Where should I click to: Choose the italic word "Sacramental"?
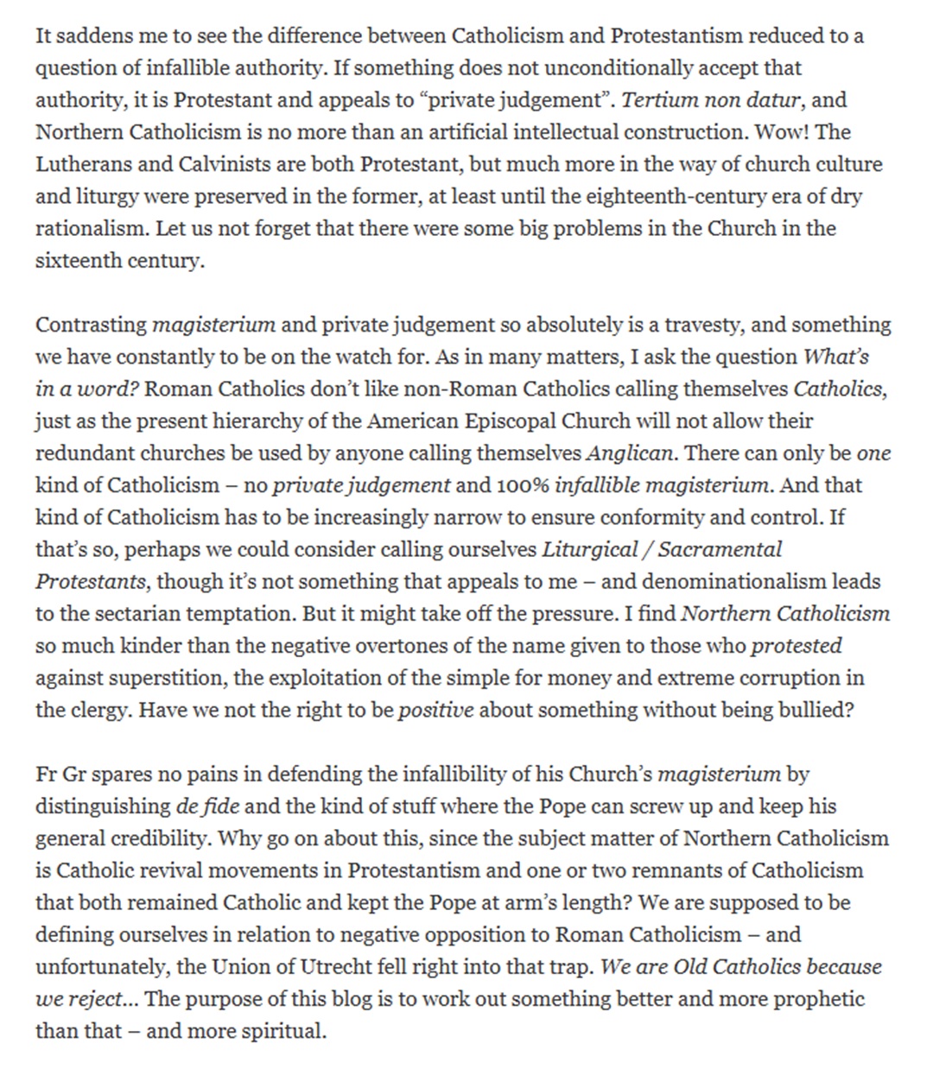720,549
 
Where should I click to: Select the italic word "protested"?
797,646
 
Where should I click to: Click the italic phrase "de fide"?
207,806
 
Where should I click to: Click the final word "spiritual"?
284,1031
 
